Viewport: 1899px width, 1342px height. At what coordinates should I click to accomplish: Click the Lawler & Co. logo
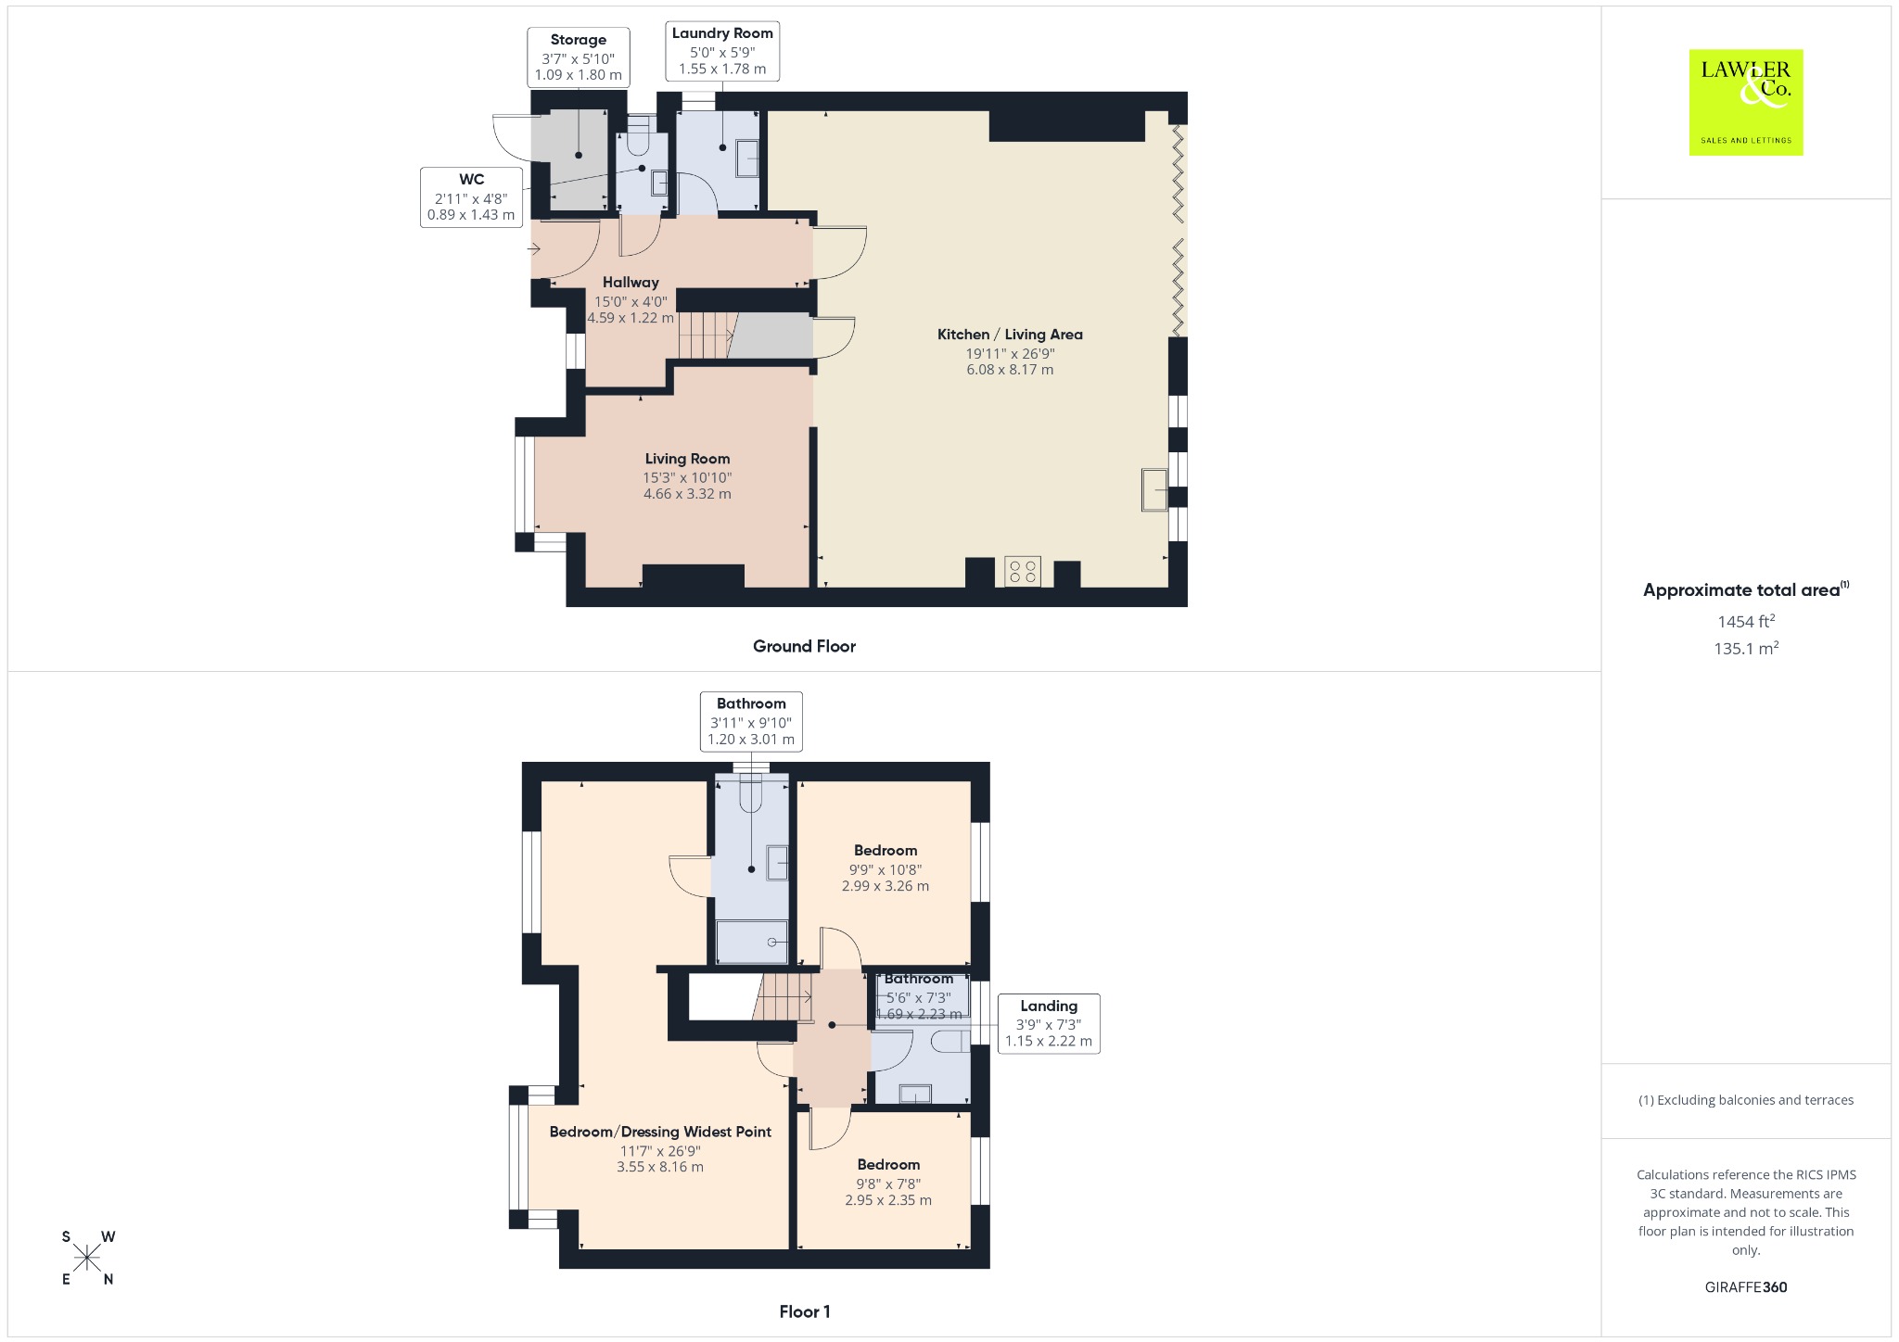click(1746, 102)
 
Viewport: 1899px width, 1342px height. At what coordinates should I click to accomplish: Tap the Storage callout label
click(579, 57)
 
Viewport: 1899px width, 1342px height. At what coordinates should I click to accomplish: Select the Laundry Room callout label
click(722, 51)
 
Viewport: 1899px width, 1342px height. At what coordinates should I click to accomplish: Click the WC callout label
click(471, 196)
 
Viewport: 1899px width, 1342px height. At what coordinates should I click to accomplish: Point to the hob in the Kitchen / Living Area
click(1023, 571)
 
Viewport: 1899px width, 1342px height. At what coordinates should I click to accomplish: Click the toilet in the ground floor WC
click(638, 135)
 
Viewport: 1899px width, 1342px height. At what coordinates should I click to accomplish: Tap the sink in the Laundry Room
click(746, 158)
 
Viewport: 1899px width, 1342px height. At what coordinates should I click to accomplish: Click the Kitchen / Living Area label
click(1010, 335)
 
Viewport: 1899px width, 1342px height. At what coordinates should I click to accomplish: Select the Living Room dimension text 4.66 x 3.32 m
click(687, 494)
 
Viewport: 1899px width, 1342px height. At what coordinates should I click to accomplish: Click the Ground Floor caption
click(804, 646)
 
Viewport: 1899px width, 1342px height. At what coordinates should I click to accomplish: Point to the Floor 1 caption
click(805, 1311)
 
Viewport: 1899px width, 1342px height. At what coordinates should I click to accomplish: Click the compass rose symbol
click(88, 1258)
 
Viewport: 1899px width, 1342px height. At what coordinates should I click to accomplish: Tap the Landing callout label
click(1049, 1024)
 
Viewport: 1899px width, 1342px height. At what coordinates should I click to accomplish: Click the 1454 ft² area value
click(1746, 621)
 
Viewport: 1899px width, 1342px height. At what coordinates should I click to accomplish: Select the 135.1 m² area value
click(1746, 648)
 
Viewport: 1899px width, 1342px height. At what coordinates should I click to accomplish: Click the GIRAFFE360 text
click(1746, 1286)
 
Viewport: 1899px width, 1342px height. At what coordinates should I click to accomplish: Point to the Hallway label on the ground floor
click(631, 283)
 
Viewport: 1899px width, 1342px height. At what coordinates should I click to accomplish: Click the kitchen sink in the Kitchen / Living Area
click(1154, 490)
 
